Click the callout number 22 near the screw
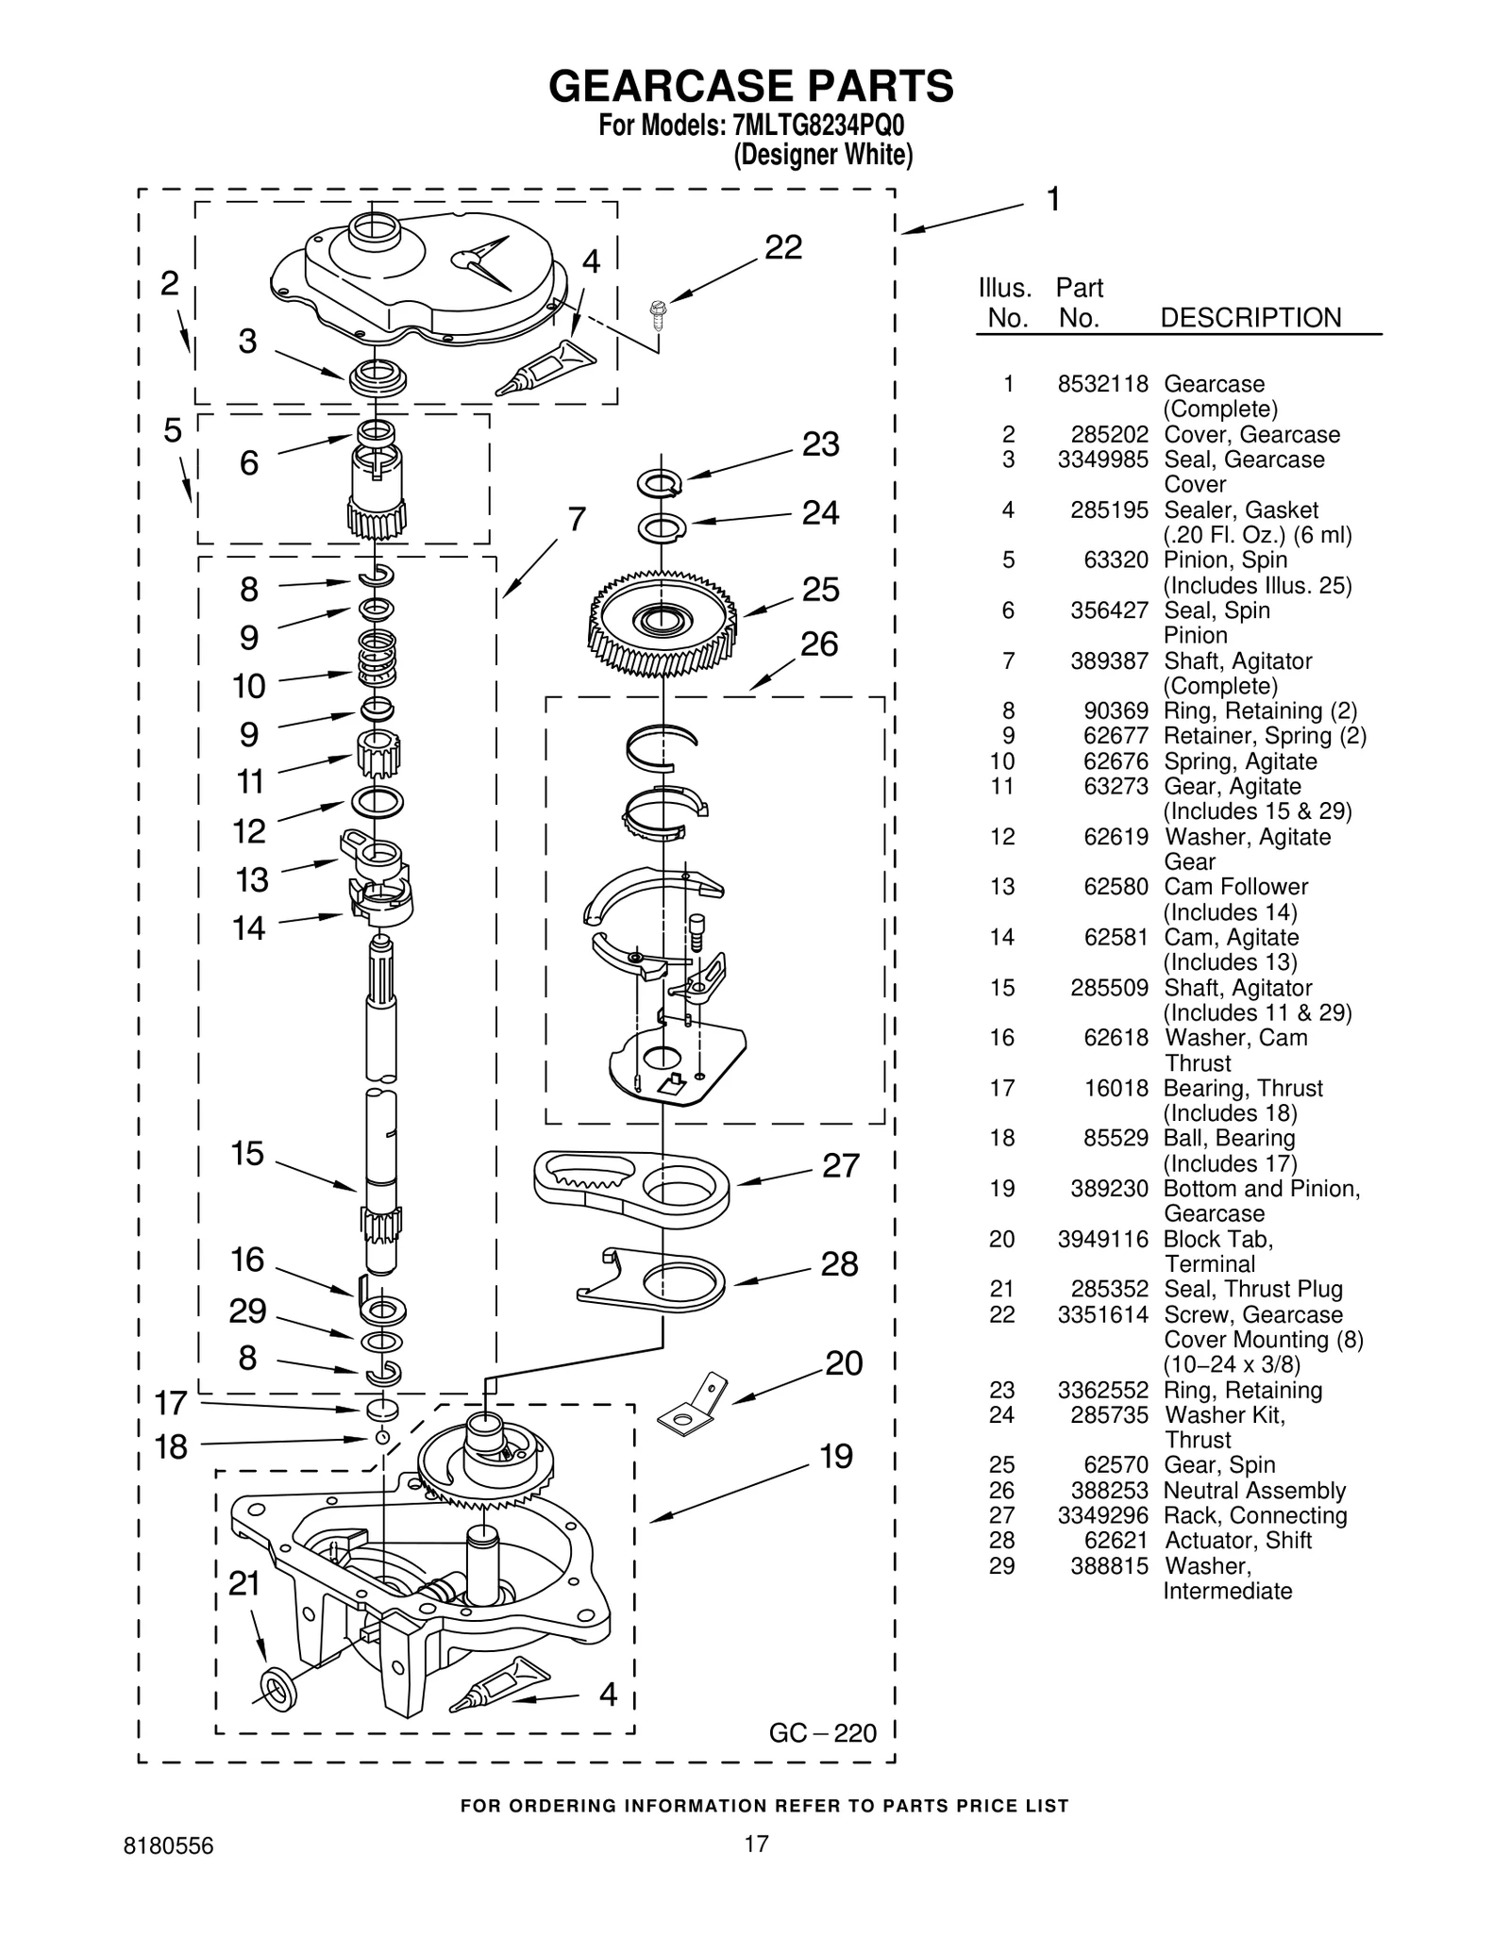(782, 247)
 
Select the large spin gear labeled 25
(663, 623)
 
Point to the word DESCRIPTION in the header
(1250, 318)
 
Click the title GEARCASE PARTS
(751, 86)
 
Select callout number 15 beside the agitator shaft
(247, 1153)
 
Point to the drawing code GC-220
(822, 1733)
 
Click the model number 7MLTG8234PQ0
(812, 126)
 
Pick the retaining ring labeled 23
(659, 484)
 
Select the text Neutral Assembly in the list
(1253, 1491)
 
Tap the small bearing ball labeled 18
(382, 1437)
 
